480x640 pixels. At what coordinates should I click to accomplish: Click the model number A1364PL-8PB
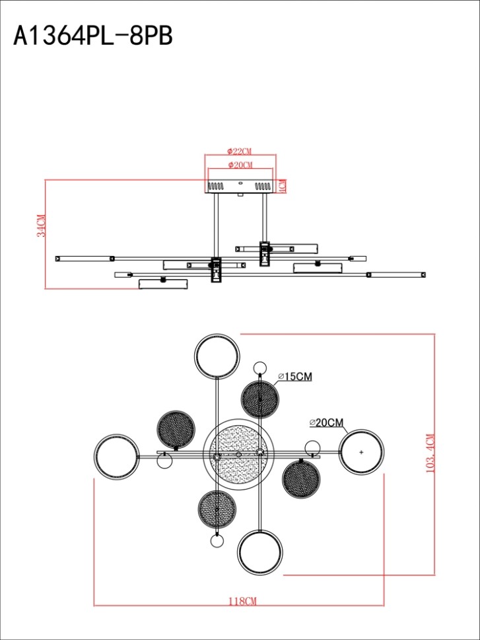click(93, 36)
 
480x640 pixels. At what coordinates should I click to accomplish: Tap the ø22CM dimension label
click(240, 151)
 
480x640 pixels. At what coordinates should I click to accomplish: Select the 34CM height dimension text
click(41, 226)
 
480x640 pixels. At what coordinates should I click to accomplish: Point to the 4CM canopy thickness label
click(282, 187)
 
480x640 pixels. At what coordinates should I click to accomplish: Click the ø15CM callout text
click(295, 377)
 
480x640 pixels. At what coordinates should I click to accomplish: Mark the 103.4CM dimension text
click(431, 454)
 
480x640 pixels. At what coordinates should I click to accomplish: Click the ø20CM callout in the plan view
click(327, 422)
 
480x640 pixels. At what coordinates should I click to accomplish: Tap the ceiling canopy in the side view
click(240, 187)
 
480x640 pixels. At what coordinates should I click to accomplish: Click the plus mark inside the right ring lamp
click(362, 452)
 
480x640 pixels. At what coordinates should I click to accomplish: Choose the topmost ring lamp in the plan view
click(216, 356)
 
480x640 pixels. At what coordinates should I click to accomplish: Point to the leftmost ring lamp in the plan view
click(116, 456)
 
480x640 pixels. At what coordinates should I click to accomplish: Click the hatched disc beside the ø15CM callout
click(261, 399)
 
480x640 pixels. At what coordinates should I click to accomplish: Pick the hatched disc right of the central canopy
click(300, 478)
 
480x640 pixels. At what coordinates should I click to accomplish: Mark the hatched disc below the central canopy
click(217, 509)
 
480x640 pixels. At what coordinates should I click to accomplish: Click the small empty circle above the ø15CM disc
click(261, 368)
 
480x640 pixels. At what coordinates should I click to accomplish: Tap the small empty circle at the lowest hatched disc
click(217, 542)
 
